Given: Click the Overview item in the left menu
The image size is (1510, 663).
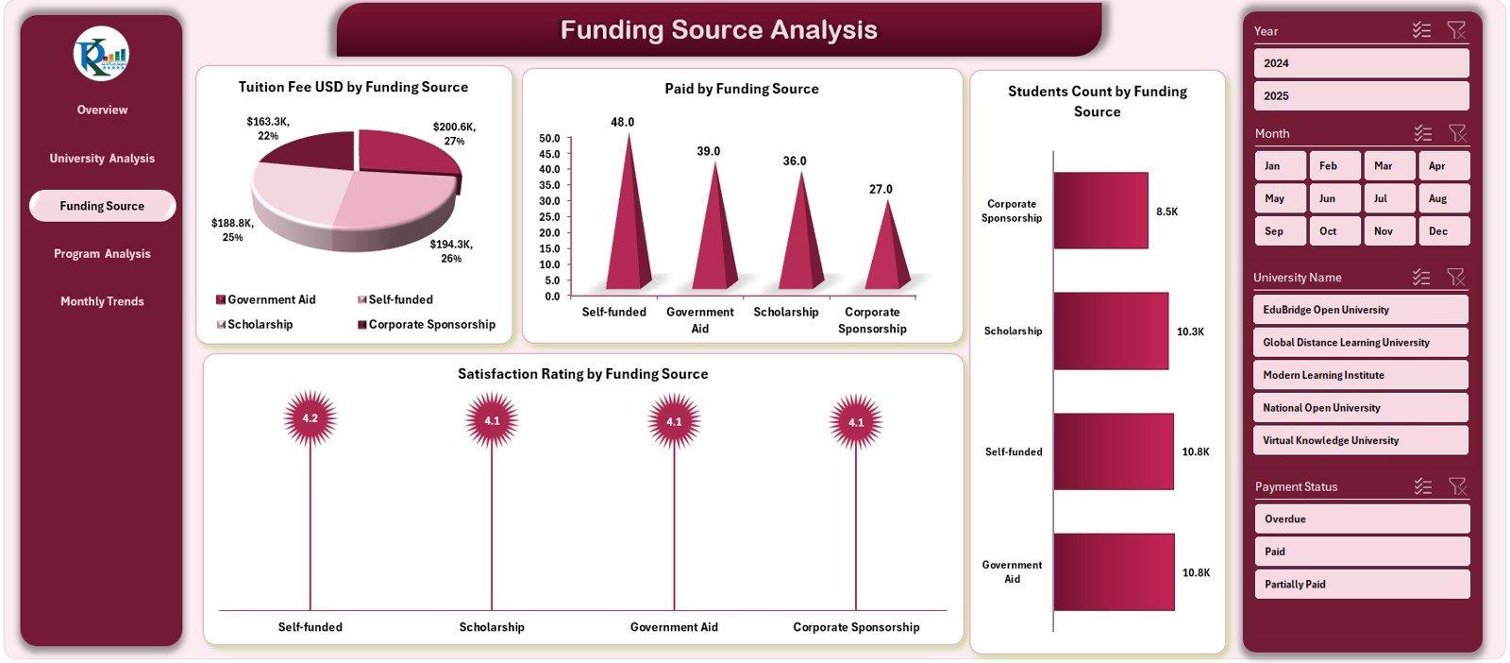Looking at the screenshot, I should coord(102,110).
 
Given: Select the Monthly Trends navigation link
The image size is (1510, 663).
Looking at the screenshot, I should coord(102,301).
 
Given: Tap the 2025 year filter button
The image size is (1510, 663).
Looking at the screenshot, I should coord(1361,95).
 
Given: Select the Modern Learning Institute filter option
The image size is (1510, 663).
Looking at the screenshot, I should coord(1361,375).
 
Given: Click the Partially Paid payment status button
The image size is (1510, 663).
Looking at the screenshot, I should coord(1361,585).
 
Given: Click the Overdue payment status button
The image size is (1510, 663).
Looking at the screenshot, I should coord(1361,519).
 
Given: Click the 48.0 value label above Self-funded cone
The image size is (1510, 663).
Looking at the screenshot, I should coord(623,122).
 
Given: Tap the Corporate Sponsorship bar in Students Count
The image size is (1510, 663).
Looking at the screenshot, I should coord(1100,211).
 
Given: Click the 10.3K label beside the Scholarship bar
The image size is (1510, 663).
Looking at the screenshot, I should coord(1190,331).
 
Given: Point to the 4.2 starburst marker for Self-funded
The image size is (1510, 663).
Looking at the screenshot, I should coord(310,418).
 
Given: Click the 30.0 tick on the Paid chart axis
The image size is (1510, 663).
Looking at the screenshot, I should coord(549,201).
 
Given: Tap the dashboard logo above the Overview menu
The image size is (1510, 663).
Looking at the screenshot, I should coord(101,54).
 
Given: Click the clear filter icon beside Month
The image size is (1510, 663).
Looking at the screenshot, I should coord(1457,133).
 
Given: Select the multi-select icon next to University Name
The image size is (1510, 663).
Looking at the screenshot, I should coord(1421,277).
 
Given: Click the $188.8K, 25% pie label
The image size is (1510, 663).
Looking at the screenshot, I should coord(232,230).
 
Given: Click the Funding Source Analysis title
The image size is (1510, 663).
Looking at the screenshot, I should coord(718,30).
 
